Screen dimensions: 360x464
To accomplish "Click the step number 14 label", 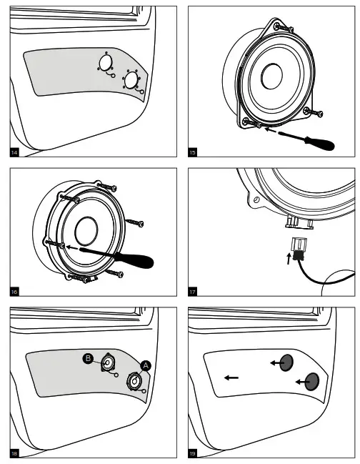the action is [14, 153].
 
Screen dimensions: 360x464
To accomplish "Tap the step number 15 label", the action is [192, 153].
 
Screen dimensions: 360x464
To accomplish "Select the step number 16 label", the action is [14, 292].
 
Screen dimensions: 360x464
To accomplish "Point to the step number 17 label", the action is [192, 292].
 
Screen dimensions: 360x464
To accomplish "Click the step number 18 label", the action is [14, 453].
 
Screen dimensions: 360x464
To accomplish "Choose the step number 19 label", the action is [192, 453].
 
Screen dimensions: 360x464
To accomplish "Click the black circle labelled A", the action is [146, 366].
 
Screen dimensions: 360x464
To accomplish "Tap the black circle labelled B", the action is [88, 358].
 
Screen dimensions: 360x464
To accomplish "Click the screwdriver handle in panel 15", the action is [320, 143].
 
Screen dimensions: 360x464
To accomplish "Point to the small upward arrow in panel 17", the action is [289, 258].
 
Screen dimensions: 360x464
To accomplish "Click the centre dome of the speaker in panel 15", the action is [272, 76].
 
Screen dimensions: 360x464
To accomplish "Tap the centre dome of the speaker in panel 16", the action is [86, 231].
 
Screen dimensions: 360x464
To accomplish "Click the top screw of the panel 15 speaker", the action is [284, 28].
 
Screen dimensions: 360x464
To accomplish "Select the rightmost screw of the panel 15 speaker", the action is [314, 112].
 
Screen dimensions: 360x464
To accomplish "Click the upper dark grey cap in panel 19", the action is [286, 362].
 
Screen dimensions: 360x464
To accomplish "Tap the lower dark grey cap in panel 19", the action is [312, 382].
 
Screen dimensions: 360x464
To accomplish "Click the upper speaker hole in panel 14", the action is [106, 62].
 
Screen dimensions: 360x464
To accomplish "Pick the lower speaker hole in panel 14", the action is [131, 80].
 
